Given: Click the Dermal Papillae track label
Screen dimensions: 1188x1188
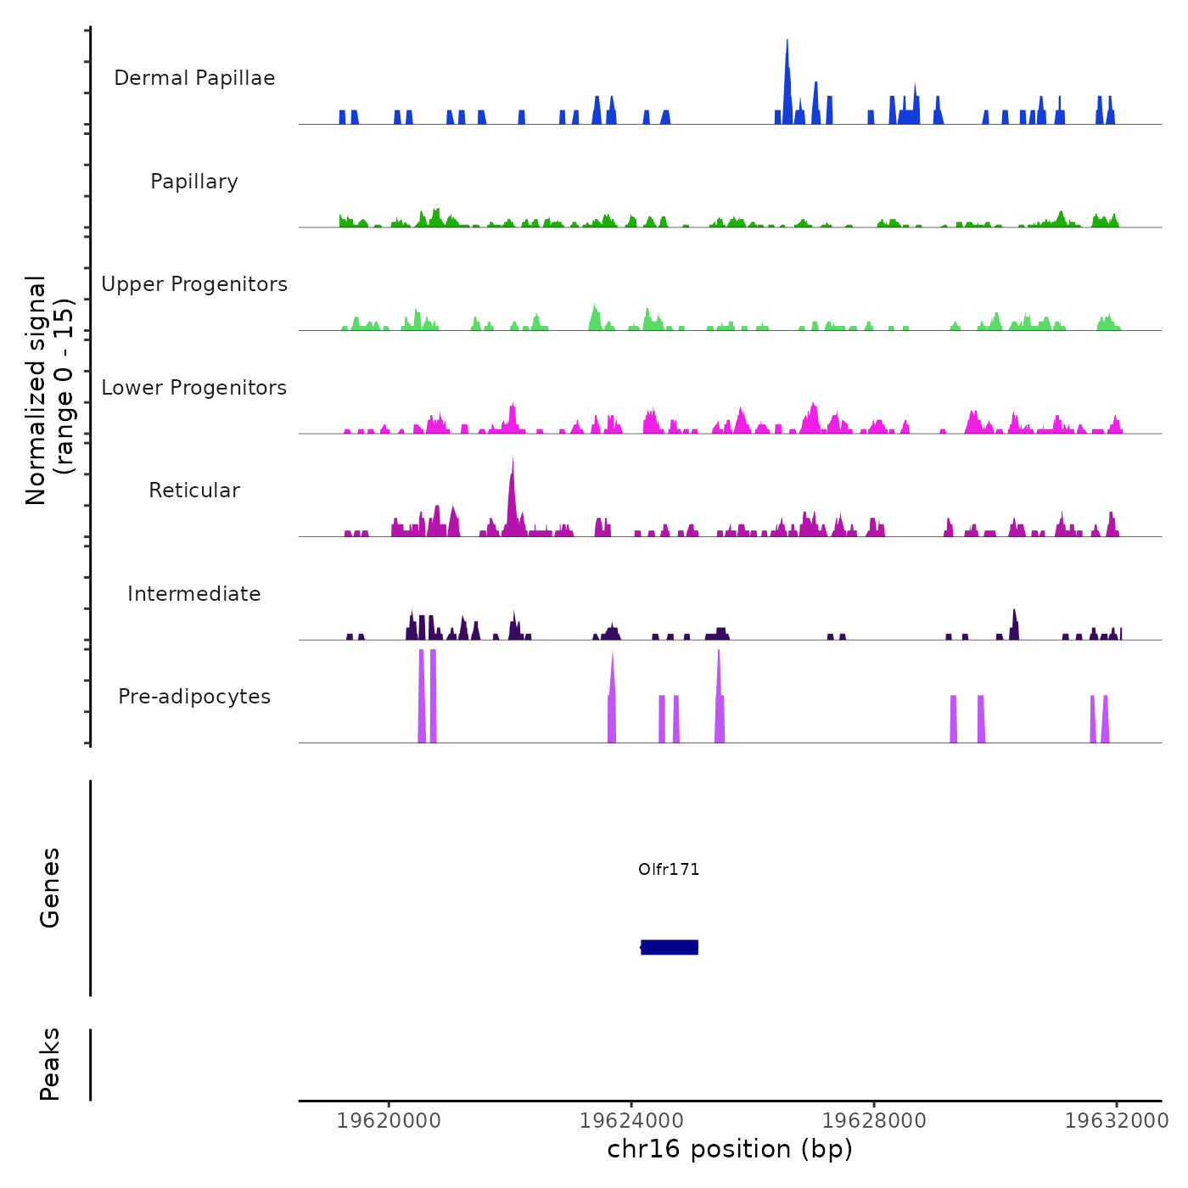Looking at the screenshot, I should pyautogui.click(x=194, y=78).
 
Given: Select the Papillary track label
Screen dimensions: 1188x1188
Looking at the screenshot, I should pyautogui.click(x=194, y=182).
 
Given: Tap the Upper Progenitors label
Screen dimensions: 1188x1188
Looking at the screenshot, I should pyautogui.click(x=194, y=284).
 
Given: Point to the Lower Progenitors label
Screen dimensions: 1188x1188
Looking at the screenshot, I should pyautogui.click(x=194, y=388).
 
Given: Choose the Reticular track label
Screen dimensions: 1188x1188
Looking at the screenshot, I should pyautogui.click(x=194, y=490).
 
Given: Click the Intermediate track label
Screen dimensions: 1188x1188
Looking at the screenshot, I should pyautogui.click(x=194, y=594).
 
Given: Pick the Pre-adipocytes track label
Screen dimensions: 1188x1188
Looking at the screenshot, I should pyautogui.click(x=194, y=697).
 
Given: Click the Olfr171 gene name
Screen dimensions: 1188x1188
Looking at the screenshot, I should pyautogui.click(x=669, y=870).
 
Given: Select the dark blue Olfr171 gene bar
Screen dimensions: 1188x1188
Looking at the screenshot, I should pyautogui.click(x=670, y=947).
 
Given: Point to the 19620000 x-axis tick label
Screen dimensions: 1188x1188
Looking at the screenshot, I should pyautogui.click(x=389, y=1121).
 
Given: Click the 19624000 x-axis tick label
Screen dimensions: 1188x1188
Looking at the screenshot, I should pyautogui.click(x=631, y=1121).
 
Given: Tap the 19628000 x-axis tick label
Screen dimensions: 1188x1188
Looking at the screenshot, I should pyautogui.click(x=874, y=1121).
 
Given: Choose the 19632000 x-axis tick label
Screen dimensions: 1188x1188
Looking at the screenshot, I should pyautogui.click(x=1117, y=1121).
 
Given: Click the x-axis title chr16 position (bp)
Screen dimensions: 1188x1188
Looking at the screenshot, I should pyautogui.click(x=730, y=1149).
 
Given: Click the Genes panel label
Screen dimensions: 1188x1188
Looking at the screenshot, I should pyautogui.click(x=50, y=888).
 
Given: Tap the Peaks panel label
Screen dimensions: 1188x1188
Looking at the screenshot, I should pyautogui.click(x=50, y=1064).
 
